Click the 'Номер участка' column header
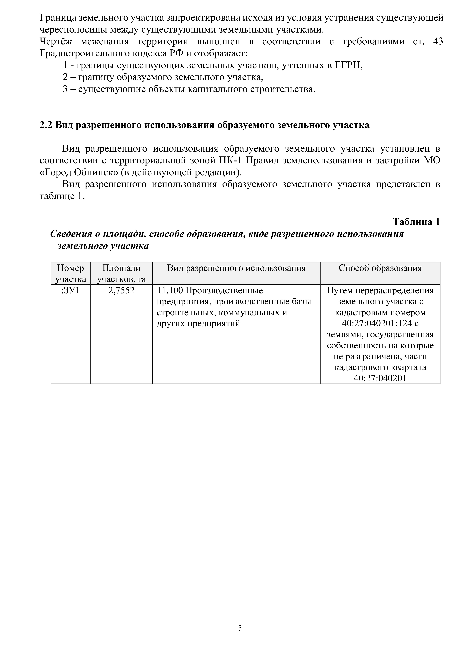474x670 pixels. (x=71, y=273)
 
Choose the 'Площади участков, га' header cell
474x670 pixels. (x=121, y=273)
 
